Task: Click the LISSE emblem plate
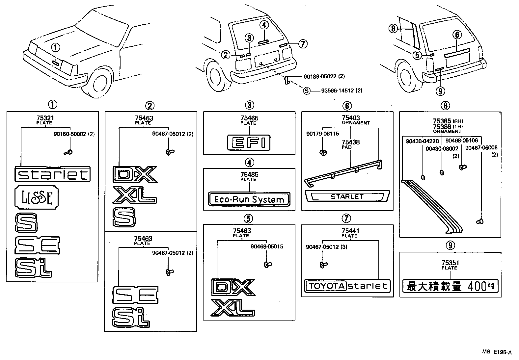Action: tap(37, 198)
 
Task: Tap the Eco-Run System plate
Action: tap(249, 199)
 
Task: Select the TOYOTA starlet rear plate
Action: tap(347, 286)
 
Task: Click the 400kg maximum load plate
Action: tap(450, 286)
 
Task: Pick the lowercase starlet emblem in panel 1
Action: tap(52, 174)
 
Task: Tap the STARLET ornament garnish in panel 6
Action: tap(347, 197)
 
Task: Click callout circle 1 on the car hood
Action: tap(56, 48)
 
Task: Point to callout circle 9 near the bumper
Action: tap(440, 90)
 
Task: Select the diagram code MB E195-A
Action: tap(497, 352)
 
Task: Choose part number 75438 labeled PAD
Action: tap(351, 142)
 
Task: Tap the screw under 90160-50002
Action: tap(69, 152)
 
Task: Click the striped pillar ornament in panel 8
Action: tap(431, 206)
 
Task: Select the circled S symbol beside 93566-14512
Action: tap(307, 90)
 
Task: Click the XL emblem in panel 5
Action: tap(232, 308)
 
